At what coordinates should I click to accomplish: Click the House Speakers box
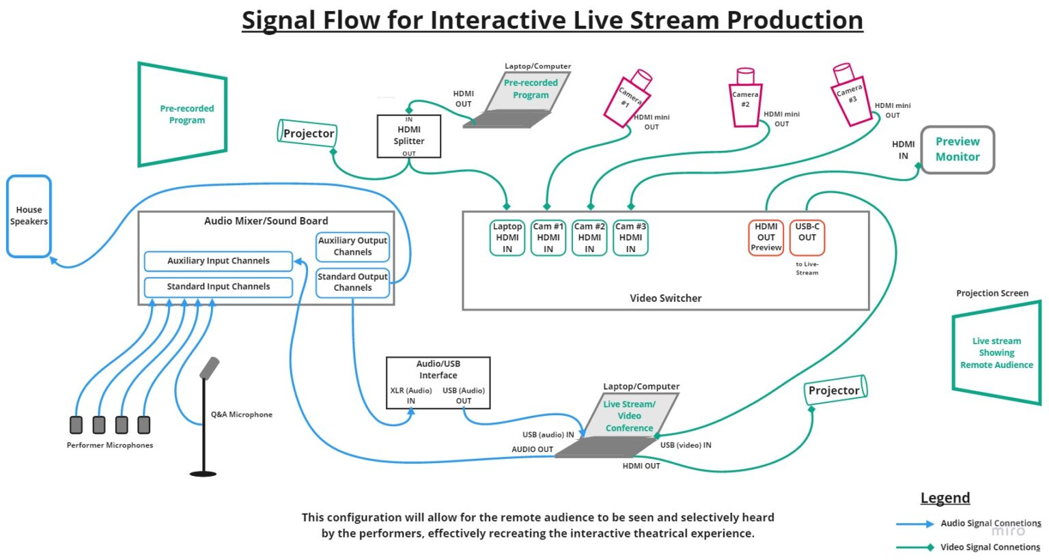[x=29, y=216]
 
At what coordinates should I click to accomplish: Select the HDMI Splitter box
[x=408, y=136]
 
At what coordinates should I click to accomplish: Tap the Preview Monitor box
[x=957, y=150]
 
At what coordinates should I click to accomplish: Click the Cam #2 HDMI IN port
[x=589, y=238]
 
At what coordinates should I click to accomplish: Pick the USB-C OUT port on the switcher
[x=807, y=237]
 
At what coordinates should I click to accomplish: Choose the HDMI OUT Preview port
[x=766, y=237]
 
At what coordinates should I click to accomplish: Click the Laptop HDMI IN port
[x=507, y=238]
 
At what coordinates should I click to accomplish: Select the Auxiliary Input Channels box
[x=218, y=261]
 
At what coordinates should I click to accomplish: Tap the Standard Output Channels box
[x=352, y=282]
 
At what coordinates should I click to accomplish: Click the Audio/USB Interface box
[x=438, y=382]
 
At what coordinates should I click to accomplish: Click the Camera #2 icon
[x=745, y=98]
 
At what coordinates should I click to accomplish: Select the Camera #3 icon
[x=850, y=95]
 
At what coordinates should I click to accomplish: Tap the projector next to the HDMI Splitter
[x=307, y=133]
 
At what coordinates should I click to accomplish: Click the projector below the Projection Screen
[x=835, y=390]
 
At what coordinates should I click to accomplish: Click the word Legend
[x=945, y=498]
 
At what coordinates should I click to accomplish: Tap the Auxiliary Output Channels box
[x=352, y=247]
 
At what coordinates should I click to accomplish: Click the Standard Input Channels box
[x=218, y=287]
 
